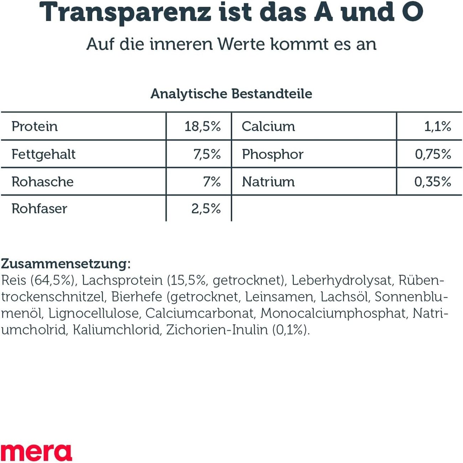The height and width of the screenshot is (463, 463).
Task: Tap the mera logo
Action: point(36,452)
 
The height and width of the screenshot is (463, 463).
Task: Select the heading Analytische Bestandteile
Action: point(231,94)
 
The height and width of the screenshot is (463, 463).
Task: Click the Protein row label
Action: point(35,126)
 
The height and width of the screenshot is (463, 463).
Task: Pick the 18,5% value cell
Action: point(202,126)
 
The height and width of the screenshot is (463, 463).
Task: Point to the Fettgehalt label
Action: point(43,154)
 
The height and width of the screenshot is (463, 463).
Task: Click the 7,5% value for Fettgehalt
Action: point(207,154)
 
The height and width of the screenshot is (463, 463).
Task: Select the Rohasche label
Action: point(42,182)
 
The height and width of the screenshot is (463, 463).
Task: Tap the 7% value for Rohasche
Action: point(212,182)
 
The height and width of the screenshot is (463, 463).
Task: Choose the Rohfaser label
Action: point(39,209)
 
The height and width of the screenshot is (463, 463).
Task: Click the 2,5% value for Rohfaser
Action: point(206,209)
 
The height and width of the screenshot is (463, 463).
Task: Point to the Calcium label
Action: point(268,126)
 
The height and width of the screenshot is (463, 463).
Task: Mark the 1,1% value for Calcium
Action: point(437,126)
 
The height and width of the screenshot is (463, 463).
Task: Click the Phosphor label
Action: point(272,154)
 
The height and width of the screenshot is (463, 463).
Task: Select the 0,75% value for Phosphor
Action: point(433,154)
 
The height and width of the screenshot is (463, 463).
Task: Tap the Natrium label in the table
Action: point(268,182)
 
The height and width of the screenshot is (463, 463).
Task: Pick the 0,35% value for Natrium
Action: point(432,182)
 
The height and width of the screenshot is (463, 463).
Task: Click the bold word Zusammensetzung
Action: point(64,264)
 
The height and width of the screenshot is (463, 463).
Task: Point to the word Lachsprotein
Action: point(122,281)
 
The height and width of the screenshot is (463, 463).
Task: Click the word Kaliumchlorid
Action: point(116,330)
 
